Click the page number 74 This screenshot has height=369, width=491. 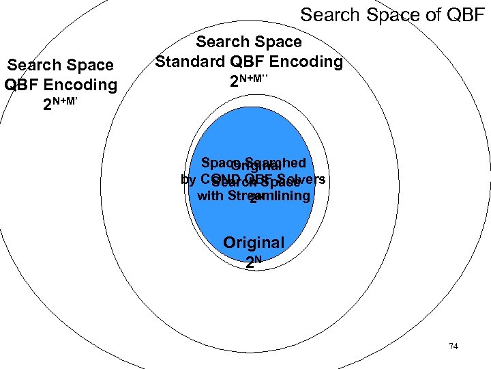pyautogui.click(x=453, y=346)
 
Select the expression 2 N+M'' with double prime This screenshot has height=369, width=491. pyautogui.click(x=249, y=81)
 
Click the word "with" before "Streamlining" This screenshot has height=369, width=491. pyautogui.click(x=210, y=196)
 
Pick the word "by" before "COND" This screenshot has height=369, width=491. pyautogui.click(x=188, y=179)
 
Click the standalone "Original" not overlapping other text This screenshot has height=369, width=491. pyautogui.click(x=254, y=243)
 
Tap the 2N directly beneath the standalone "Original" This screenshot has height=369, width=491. pyautogui.click(x=254, y=261)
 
